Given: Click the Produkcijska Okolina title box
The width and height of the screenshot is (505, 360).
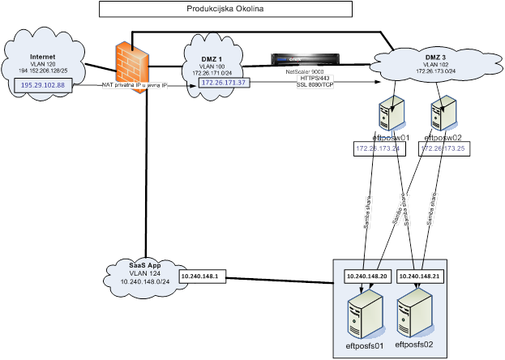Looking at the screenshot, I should point(225,9).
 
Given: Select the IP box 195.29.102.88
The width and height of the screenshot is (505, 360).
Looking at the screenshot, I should point(43,84).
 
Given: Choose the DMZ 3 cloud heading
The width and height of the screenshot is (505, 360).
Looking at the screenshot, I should point(435,57).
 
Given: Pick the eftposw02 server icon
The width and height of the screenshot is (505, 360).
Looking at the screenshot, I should point(443,114).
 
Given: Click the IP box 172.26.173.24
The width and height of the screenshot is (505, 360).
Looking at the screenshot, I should point(378,149).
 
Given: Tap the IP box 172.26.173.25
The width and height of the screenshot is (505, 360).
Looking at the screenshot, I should point(443,149).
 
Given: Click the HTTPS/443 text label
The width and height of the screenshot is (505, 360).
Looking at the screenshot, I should point(315,78).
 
